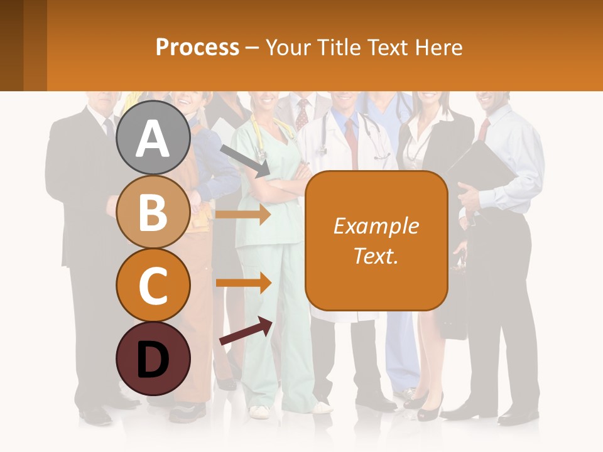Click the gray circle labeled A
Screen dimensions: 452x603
[x=153, y=137]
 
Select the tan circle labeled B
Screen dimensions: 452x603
[x=153, y=212]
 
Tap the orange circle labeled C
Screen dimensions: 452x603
[x=153, y=285]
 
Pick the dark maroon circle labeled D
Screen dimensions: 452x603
[x=153, y=358]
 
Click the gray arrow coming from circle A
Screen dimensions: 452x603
[x=245, y=160]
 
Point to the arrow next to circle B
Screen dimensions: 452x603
[x=243, y=214]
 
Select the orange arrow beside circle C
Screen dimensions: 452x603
[x=243, y=282]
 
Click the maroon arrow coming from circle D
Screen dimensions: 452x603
[x=246, y=331]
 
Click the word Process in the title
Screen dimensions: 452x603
[x=197, y=47]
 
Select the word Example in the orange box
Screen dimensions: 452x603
[x=376, y=226]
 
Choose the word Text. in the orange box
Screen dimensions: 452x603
[x=376, y=256]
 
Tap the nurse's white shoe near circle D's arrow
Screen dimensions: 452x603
[x=259, y=411]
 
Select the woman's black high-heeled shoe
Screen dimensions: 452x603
[x=430, y=411]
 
